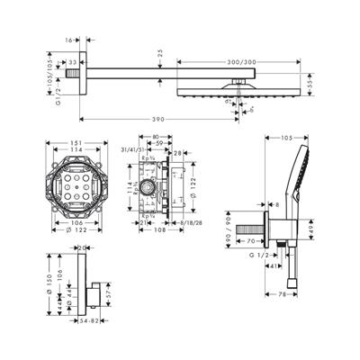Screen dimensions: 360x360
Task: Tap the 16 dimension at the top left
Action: click(70, 40)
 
